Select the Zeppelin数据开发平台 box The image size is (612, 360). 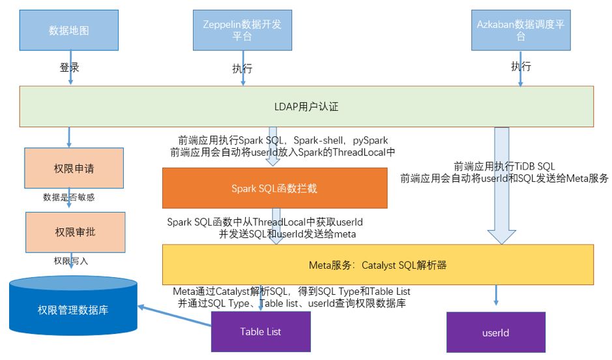tap(242, 31)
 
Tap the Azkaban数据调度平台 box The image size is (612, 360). tap(521, 31)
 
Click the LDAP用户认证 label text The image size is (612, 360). tap(306, 106)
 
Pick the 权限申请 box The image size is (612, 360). tap(74, 169)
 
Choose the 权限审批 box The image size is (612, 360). tap(74, 232)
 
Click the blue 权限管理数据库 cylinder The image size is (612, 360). tap(73, 307)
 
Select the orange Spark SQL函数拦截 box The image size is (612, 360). tap(274, 188)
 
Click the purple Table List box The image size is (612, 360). tap(260, 331)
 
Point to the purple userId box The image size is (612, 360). tap(495, 333)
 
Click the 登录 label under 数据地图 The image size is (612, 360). tap(69, 67)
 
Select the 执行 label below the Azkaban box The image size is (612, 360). tap(521, 67)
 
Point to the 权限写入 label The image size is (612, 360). tap(71, 261)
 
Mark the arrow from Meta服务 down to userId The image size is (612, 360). tap(496, 294)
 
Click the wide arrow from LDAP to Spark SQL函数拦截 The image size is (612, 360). tap(274, 146)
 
